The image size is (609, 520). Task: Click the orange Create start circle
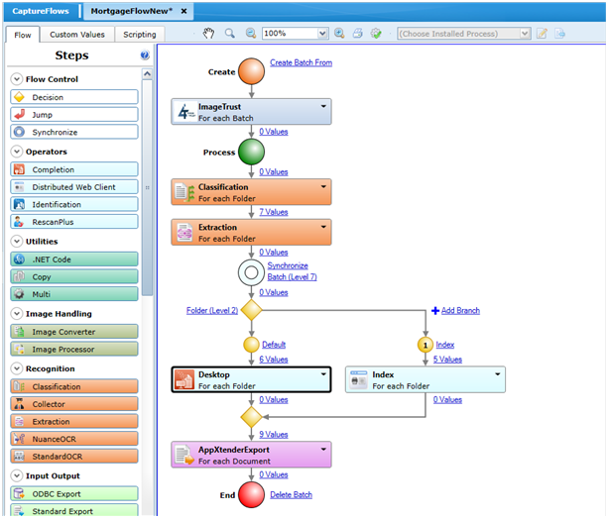point(252,71)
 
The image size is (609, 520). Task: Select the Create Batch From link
point(301,62)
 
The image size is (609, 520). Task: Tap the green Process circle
point(252,152)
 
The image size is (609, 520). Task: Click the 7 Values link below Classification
point(273,212)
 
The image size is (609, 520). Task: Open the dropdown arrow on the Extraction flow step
point(323,227)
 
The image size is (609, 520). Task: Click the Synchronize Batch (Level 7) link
point(292,270)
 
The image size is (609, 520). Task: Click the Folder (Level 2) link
point(211,310)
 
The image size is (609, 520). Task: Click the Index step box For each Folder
point(425,380)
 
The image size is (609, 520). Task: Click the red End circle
point(252,495)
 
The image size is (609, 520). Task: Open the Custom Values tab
point(77,35)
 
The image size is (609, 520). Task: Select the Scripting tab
point(139,35)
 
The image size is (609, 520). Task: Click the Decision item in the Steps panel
point(74,97)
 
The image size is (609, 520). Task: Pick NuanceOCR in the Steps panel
point(74,438)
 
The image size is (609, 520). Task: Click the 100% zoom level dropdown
point(294,33)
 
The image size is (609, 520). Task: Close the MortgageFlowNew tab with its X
point(183,10)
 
